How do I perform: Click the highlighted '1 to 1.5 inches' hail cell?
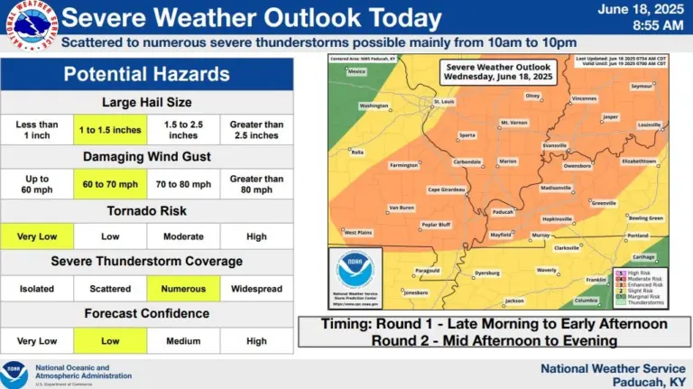click(x=111, y=129)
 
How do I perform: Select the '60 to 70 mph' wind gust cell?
click(x=111, y=184)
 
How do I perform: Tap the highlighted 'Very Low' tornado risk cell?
click(x=37, y=236)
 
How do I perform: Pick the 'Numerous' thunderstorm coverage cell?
click(x=184, y=289)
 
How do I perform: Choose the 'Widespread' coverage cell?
click(x=256, y=289)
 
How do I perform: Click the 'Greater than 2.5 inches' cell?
click(x=256, y=129)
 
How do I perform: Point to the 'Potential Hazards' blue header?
click(x=147, y=74)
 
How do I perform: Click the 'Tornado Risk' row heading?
click(x=147, y=210)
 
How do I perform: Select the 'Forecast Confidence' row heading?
click(x=147, y=315)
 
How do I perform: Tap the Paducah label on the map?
click(x=504, y=214)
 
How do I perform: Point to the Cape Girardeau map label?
click(x=447, y=190)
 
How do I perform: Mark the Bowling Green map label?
click(x=645, y=218)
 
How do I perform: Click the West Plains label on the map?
click(x=359, y=233)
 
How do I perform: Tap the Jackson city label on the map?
click(x=514, y=301)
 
